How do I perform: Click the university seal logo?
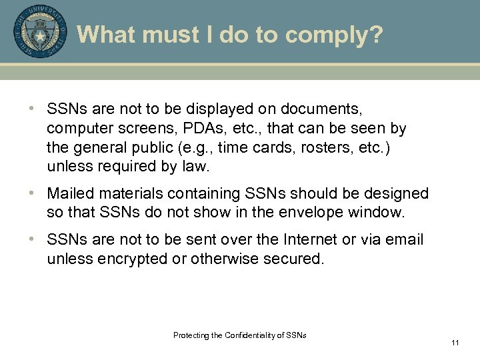(x=40, y=31)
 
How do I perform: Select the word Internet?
(x=314, y=239)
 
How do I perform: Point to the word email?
(x=404, y=239)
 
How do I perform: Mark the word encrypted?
(x=129, y=259)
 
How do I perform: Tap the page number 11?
(x=455, y=343)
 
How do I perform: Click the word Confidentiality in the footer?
(x=255, y=335)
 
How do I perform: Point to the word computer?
(x=77, y=127)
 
